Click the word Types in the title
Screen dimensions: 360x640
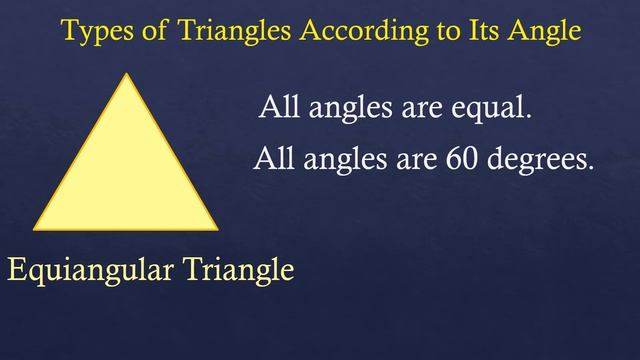click(92, 31)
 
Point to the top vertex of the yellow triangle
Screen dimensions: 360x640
click(126, 75)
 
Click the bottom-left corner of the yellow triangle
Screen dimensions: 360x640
click(35, 229)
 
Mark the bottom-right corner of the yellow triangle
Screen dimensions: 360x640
click(217, 229)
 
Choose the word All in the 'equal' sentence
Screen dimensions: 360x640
click(278, 106)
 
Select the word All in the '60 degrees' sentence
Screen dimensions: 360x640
click(273, 158)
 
